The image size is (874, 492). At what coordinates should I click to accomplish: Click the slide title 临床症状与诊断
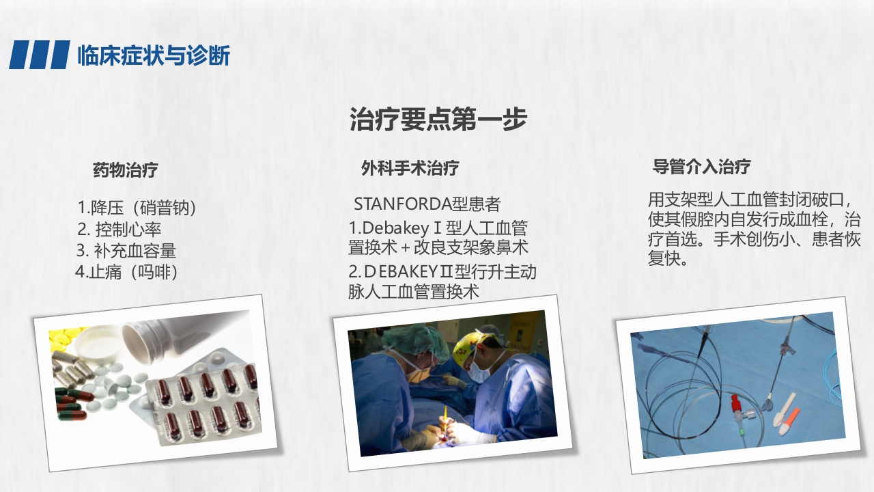pyautogui.click(x=154, y=55)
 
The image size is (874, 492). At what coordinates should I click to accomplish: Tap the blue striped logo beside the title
pyautogui.click(x=40, y=55)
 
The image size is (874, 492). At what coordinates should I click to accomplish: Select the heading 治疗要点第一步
pyautogui.click(x=438, y=119)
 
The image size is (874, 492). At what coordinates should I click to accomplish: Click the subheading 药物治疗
pyautogui.click(x=126, y=170)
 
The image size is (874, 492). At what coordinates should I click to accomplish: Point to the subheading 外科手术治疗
pyautogui.click(x=410, y=168)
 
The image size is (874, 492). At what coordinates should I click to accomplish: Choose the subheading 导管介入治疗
pyautogui.click(x=701, y=166)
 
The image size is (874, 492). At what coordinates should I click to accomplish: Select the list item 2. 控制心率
pyautogui.click(x=119, y=229)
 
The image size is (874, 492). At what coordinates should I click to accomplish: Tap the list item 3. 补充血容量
pyautogui.click(x=126, y=250)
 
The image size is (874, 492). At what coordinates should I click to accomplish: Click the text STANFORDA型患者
pyautogui.click(x=427, y=204)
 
